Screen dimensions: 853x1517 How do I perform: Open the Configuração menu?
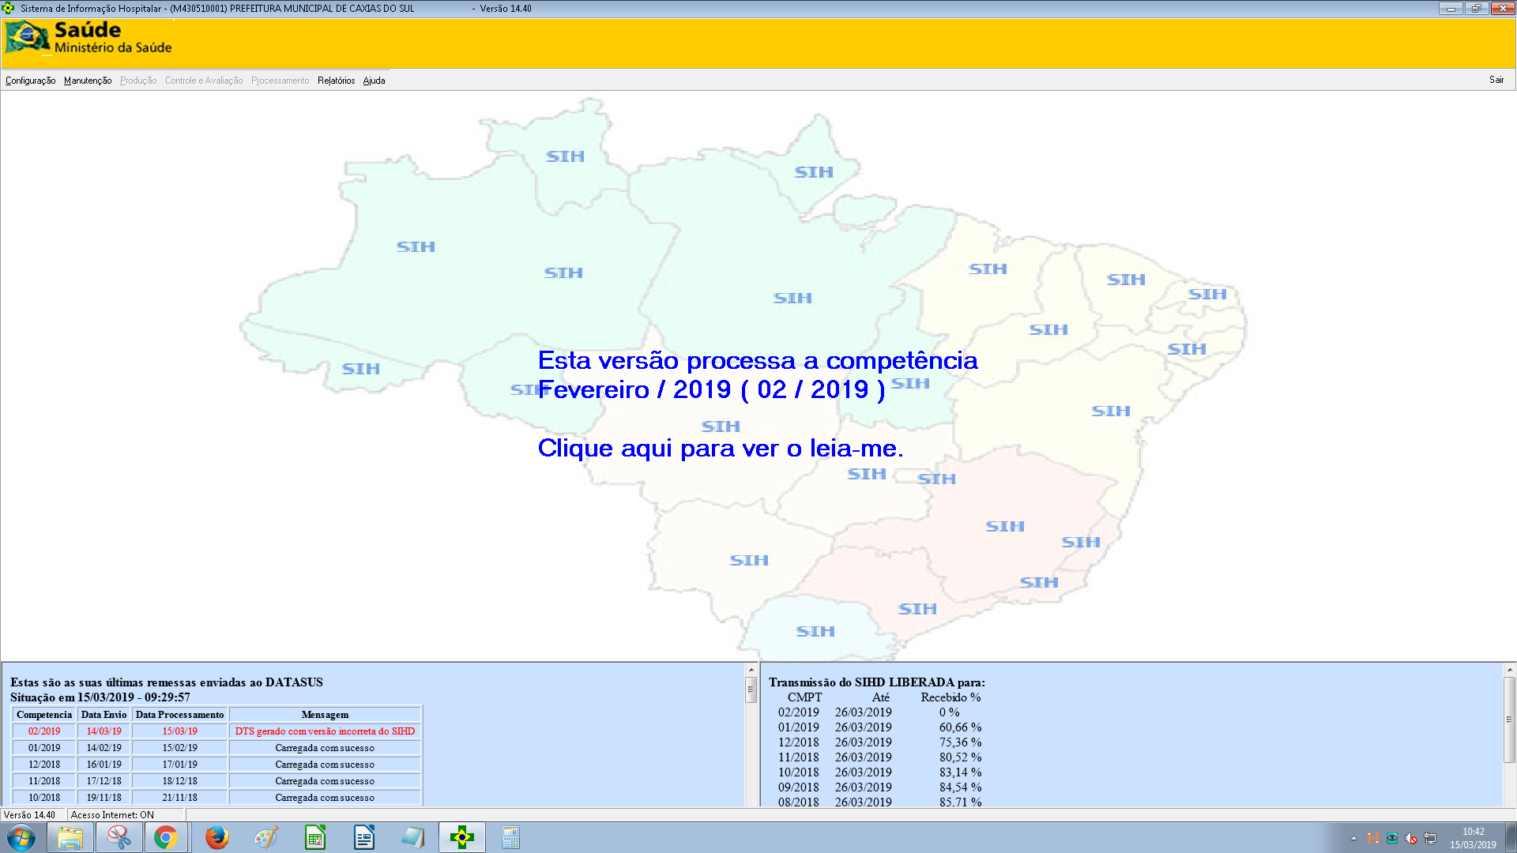30,81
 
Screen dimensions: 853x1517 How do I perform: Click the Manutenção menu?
88,81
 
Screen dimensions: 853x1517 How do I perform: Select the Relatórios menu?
336,81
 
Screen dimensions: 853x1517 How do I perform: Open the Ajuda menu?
374,81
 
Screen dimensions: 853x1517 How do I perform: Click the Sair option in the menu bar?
1496,80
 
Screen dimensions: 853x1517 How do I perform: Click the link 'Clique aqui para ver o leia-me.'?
720,449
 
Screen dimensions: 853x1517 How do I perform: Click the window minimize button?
1451,9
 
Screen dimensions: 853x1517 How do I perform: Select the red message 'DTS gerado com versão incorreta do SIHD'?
325,731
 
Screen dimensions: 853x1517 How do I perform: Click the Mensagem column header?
325,715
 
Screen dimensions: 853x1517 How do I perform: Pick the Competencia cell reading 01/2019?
44,748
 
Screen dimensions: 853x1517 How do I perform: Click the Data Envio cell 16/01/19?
104,765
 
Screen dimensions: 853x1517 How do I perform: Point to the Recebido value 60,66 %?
960,727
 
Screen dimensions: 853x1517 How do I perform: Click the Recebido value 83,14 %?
960,772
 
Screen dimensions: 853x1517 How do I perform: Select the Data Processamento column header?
179,715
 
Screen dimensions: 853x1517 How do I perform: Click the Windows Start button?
21,837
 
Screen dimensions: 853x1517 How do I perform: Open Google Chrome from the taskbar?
166,837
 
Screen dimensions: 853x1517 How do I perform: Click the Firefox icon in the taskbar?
216,837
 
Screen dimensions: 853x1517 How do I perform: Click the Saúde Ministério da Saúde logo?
88,38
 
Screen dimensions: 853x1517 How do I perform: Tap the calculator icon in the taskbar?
510,837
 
